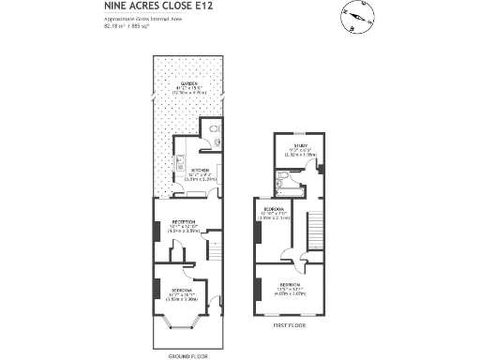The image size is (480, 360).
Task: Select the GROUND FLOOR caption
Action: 186,356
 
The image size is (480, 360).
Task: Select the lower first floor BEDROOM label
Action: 288,283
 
